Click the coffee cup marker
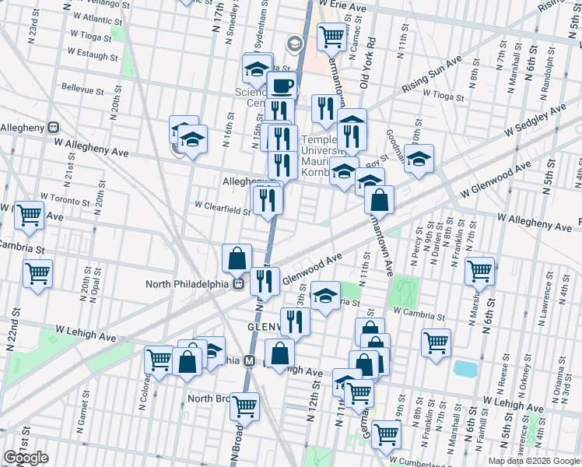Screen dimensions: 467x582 click(x=282, y=86)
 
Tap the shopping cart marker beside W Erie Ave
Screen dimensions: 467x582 click(x=332, y=35)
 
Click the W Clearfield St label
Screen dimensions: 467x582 click(x=223, y=207)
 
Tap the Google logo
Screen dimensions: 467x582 click(x=26, y=458)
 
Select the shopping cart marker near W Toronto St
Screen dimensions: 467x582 click(x=29, y=214)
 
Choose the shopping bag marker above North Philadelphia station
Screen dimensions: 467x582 click(x=237, y=258)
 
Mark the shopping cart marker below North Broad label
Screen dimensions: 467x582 click(x=244, y=406)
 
